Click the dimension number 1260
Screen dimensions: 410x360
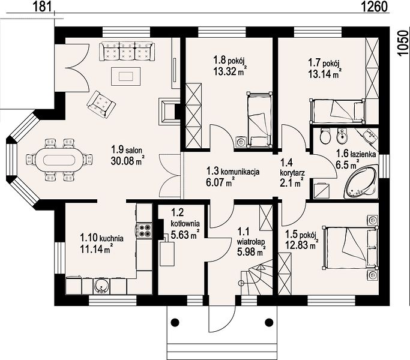click(x=374, y=7)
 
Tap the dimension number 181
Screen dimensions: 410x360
click(x=42, y=7)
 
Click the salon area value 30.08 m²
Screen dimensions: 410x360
click(x=128, y=161)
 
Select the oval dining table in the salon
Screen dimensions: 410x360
click(x=59, y=160)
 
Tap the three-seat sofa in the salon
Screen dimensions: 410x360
click(x=127, y=51)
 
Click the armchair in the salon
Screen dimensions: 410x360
click(x=101, y=104)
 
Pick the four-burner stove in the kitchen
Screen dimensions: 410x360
click(x=144, y=230)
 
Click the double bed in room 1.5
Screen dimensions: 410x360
click(x=351, y=248)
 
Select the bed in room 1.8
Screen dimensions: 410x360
click(x=259, y=120)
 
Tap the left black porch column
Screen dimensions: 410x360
click(x=175, y=322)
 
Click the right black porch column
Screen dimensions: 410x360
click(x=269, y=322)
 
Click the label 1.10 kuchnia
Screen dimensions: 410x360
click(x=101, y=238)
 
